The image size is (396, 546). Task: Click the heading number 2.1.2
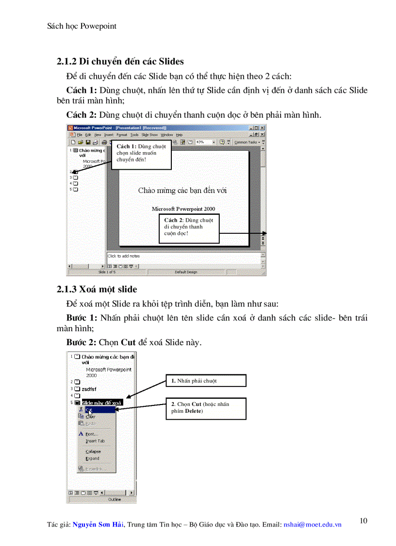point(67,61)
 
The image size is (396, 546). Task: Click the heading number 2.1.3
point(67,289)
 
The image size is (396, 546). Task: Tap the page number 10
point(363,521)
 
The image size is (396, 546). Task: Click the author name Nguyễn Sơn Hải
point(98,525)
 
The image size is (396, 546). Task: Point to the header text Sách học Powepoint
point(82,26)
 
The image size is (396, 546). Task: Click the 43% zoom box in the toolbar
point(203,142)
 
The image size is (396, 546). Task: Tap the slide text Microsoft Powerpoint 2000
point(183,209)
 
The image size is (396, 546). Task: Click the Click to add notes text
point(124,256)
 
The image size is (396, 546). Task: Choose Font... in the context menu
point(92,434)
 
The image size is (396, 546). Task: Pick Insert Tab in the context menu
point(95,441)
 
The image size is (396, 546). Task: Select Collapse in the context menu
point(93,451)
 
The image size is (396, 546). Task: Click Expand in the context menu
point(92,458)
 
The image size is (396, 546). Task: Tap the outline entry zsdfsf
point(89,389)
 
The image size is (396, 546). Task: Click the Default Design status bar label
point(186,272)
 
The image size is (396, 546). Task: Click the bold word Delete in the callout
point(194,411)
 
